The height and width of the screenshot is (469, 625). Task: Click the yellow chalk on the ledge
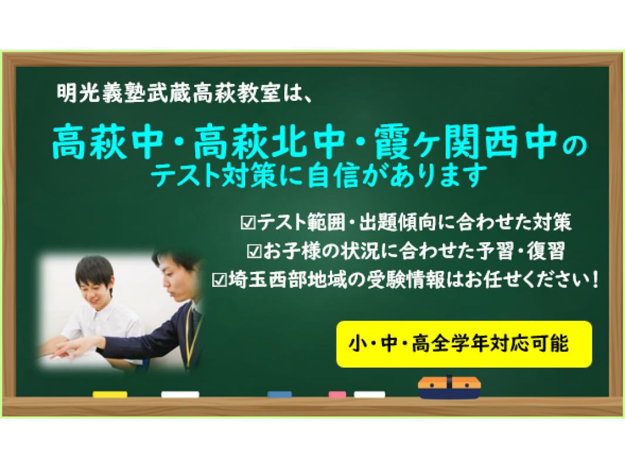[110, 395]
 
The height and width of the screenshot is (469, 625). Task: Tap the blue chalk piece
[280, 395]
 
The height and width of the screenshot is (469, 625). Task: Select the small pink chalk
[337, 395]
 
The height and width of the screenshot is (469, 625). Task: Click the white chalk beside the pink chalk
[369, 395]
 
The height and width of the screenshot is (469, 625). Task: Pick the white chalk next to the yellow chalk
[180, 395]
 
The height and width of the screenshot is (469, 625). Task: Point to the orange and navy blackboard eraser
[449, 388]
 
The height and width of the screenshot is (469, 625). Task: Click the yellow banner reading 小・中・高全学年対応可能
[464, 344]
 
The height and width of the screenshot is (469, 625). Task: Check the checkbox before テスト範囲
[249, 223]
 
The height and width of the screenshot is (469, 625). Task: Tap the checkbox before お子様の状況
[254, 252]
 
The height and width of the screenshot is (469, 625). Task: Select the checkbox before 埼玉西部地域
[220, 280]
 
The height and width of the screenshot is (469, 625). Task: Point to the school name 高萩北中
[270, 142]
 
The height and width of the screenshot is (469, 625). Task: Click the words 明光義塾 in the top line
[101, 93]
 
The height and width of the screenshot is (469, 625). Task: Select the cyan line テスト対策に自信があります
[320, 176]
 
